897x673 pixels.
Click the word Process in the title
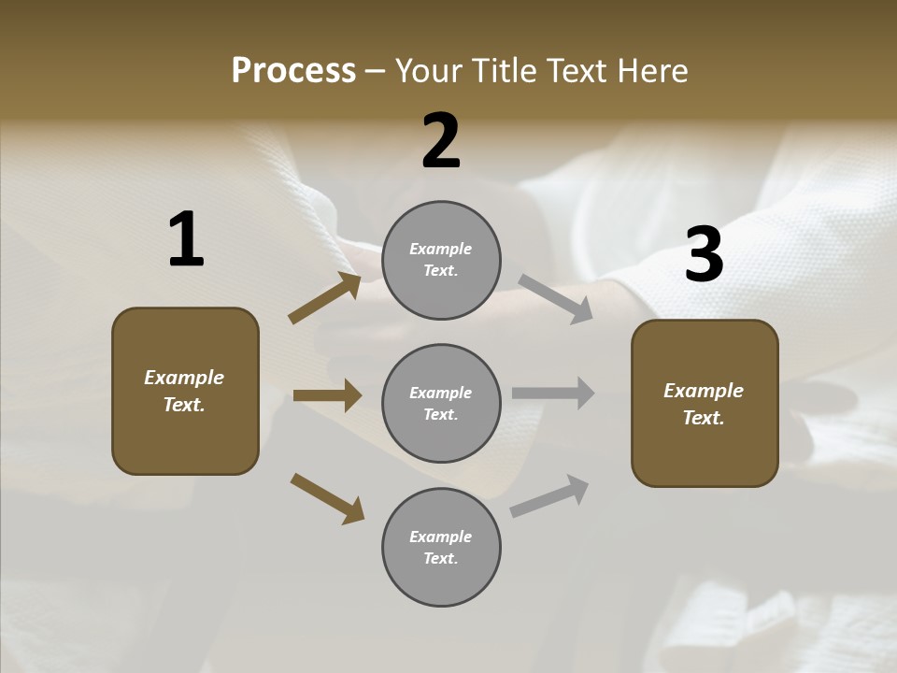pyautogui.click(x=293, y=71)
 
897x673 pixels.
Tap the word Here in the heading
pyautogui.click(x=648, y=71)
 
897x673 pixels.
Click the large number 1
pyautogui.click(x=186, y=239)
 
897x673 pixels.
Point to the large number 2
pyautogui.click(x=441, y=140)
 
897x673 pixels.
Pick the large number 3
pyautogui.click(x=704, y=254)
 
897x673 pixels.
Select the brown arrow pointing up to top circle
pyautogui.click(x=324, y=298)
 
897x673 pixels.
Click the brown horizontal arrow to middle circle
pyautogui.click(x=327, y=395)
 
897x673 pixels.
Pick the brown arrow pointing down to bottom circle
pyautogui.click(x=327, y=497)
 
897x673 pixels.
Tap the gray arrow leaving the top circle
pyautogui.click(x=556, y=299)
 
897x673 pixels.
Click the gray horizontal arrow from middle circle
pyautogui.click(x=553, y=394)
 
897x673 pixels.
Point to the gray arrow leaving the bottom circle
pyautogui.click(x=549, y=496)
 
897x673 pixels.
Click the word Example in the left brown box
pyautogui.click(x=184, y=378)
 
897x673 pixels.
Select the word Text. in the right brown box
pyautogui.click(x=704, y=418)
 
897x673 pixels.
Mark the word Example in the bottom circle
pyautogui.click(x=441, y=537)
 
